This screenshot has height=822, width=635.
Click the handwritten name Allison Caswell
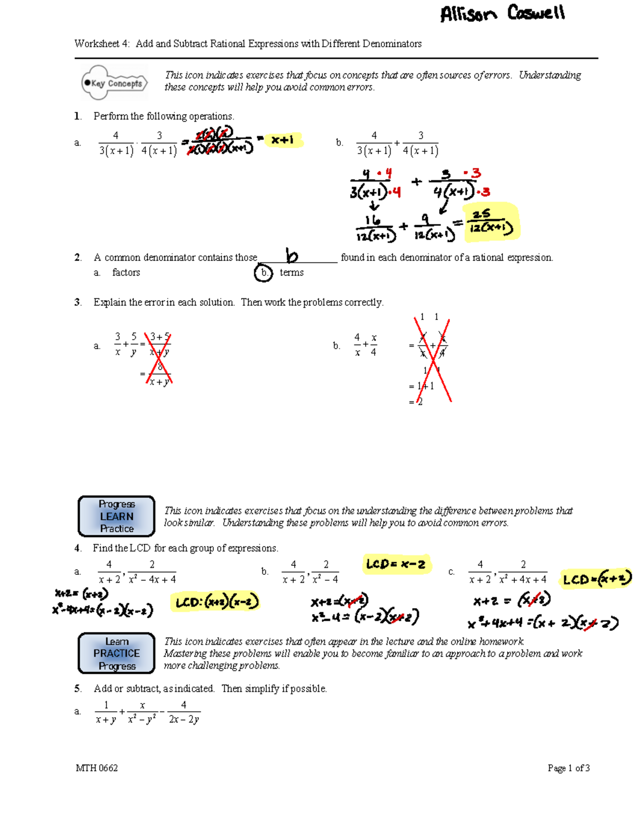(x=502, y=13)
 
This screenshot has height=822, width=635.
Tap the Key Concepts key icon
(x=114, y=83)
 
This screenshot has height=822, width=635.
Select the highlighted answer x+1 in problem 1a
(x=283, y=140)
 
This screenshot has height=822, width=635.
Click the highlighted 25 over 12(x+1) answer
(x=492, y=222)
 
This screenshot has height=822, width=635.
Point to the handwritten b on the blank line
(x=292, y=256)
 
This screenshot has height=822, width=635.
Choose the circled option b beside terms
(x=263, y=273)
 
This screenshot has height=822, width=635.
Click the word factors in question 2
(x=126, y=273)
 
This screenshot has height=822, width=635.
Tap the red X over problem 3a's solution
(x=158, y=358)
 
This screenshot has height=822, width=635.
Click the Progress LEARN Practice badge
(x=116, y=516)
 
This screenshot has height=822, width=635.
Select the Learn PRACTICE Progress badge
(x=116, y=653)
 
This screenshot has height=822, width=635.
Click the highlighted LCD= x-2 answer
(x=396, y=564)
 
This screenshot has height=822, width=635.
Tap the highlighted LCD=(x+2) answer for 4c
(x=596, y=579)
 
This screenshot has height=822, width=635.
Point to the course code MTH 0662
(x=97, y=768)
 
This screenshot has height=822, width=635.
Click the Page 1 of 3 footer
(x=568, y=768)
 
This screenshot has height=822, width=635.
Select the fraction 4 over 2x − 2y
(x=184, y=712)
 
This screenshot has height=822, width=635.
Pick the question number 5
(x=78, y=689)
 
